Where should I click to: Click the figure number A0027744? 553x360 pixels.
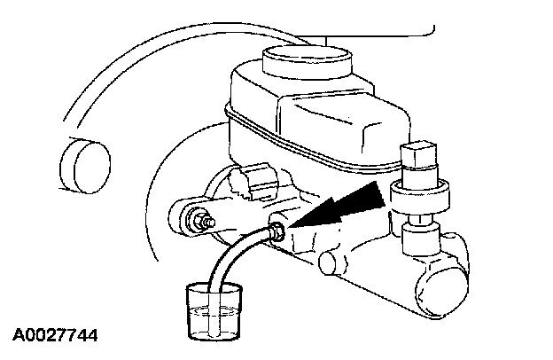click(x=55, y=335)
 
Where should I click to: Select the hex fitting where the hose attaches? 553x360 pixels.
click(x=277, y=232)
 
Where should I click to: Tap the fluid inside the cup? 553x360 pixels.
click(x=214, y=318)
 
